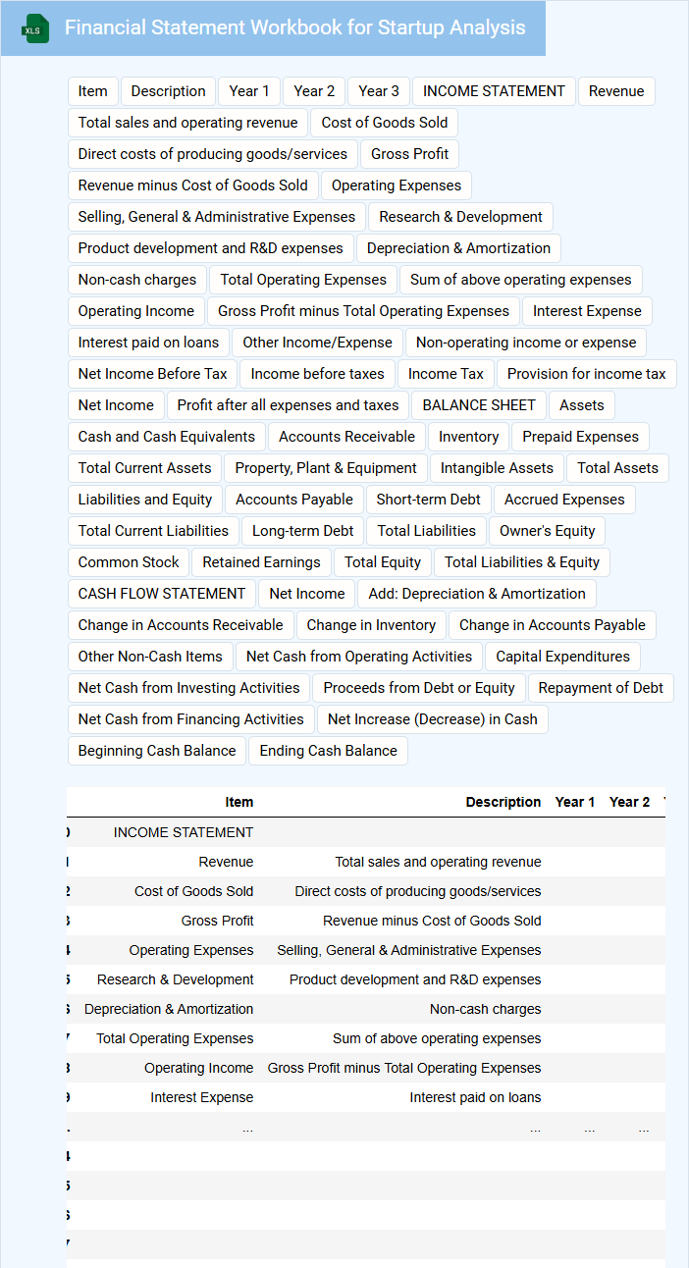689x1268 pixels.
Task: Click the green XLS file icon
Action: click(35, 29)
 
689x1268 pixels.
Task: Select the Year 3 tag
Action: click(379, 91)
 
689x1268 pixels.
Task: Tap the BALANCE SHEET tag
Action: click(479, 405)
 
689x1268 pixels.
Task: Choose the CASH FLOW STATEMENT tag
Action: click(162, 594)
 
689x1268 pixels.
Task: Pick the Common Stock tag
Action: click(129, 562)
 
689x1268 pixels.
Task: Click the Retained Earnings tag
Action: click(261, 562)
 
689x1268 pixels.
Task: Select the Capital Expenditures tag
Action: click(562, 657)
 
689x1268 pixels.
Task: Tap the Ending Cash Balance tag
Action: click(328, 751)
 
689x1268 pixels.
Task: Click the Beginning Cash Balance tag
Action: click(157, 751)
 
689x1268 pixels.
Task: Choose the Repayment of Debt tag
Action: click(601, 688)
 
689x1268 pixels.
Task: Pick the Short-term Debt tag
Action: click(429, 500)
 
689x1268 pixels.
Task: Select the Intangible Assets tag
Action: click(497, 468)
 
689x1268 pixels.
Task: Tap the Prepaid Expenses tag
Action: click(580, 437)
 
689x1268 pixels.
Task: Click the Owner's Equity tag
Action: click(547, 531)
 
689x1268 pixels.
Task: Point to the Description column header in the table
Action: click(503, 802)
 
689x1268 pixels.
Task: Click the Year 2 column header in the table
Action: click(629, 802)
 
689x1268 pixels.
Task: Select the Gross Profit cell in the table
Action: click(217, 921)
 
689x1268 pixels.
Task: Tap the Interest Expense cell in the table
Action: click(201, 1097)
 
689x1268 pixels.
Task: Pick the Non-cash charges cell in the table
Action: click(485, 1009)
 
